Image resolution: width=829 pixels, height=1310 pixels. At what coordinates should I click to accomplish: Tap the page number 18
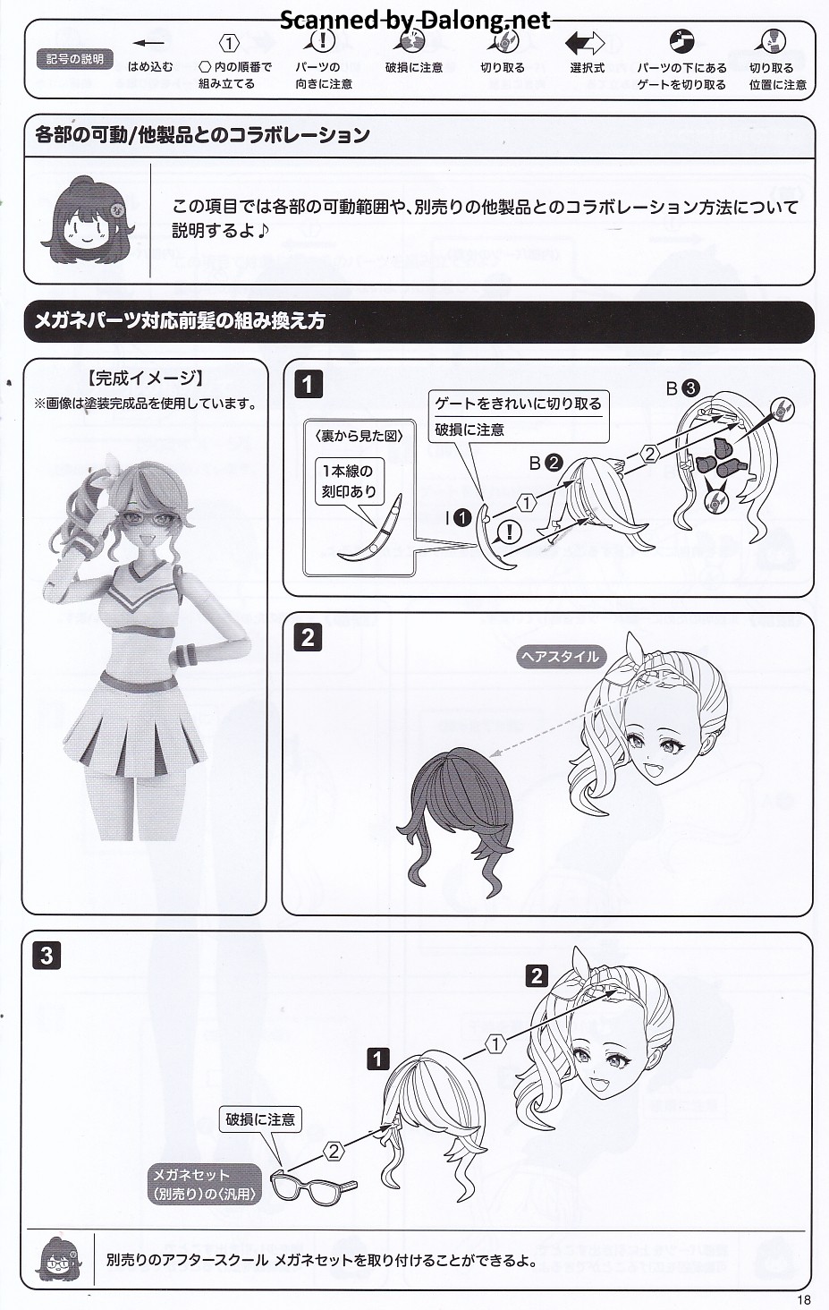804,1299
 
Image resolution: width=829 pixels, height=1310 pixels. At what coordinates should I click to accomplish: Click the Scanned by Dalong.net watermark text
415,21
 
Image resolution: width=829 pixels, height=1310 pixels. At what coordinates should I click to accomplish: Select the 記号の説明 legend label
74,59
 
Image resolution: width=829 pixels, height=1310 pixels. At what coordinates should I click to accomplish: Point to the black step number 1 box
308,385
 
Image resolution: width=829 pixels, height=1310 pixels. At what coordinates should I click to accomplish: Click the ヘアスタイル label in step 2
560,658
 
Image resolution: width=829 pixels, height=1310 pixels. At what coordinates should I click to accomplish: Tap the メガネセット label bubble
204,1184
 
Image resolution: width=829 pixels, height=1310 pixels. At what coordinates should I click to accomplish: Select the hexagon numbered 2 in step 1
650,454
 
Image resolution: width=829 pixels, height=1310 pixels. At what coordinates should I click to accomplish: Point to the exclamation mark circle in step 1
510,532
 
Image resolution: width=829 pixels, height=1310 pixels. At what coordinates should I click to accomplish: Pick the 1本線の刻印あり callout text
349,481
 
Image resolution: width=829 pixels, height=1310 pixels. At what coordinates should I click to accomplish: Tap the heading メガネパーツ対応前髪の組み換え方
180,321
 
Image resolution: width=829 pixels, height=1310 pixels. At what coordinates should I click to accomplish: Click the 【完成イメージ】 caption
145,379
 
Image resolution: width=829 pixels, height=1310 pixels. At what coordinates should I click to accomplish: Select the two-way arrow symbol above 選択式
585,43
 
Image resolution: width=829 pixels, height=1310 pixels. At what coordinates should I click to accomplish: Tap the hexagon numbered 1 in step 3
495,1044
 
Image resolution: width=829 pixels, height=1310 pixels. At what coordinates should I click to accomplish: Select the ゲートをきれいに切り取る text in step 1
518,404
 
